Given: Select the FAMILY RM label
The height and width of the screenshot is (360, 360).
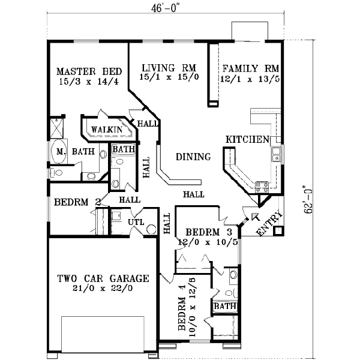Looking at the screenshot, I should (248, 68).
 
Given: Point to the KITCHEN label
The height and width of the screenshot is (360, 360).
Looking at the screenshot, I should (247, 140).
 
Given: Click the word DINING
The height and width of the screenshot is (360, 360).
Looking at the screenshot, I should (193, 157).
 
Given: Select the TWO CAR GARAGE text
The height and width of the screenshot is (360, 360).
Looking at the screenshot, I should (103, 278).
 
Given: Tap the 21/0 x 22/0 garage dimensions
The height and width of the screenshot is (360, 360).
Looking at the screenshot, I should (103, 289).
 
